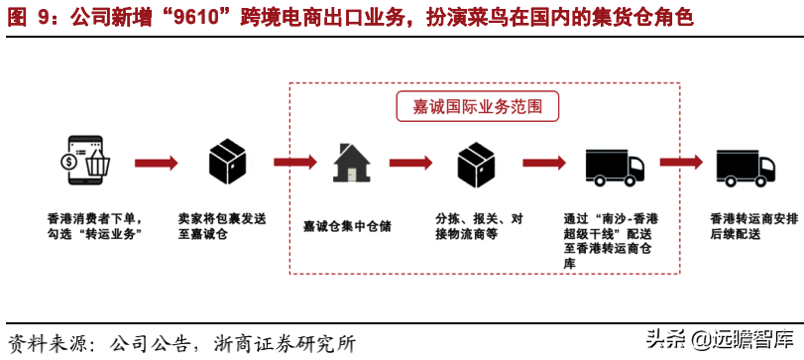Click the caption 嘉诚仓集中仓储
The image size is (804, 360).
[348, 226]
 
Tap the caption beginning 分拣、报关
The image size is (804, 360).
[479, 226]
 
